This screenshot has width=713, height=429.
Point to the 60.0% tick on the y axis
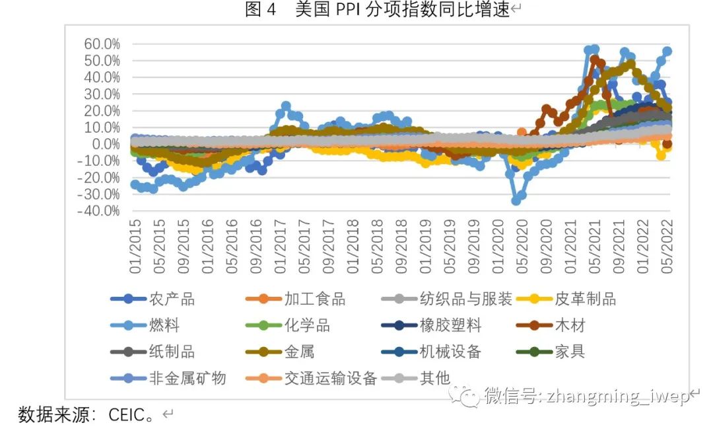tap(102, 44)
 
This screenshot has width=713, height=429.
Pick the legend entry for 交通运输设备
tap(330, 378)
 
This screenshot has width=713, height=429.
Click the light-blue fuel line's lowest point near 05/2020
tap(516, 200)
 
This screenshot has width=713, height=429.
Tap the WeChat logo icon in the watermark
tap(469, 396)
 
